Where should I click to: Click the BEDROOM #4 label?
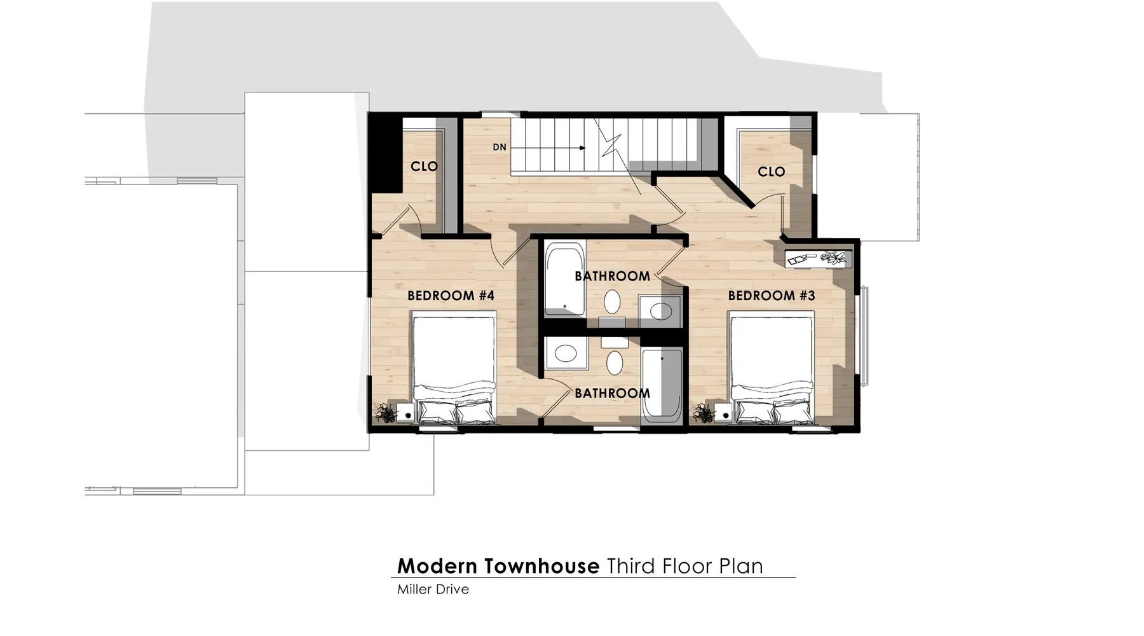point(451,296)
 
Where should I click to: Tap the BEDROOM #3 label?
point(772,296)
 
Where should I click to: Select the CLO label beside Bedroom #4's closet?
point(424,167)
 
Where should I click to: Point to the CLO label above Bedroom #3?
point(772,172)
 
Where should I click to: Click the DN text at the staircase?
point(500,148)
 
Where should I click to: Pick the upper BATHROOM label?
point(612,276)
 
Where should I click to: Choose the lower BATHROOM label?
point(612,393)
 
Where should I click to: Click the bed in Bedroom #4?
point(454,368)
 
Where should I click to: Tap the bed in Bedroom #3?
point(772,368)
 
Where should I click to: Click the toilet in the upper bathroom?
point(612,303)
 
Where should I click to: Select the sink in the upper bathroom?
point(660,312)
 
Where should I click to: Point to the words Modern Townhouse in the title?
point(498,566)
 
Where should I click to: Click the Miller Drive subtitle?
point(433,590)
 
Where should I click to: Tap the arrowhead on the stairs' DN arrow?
point(583,148)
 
